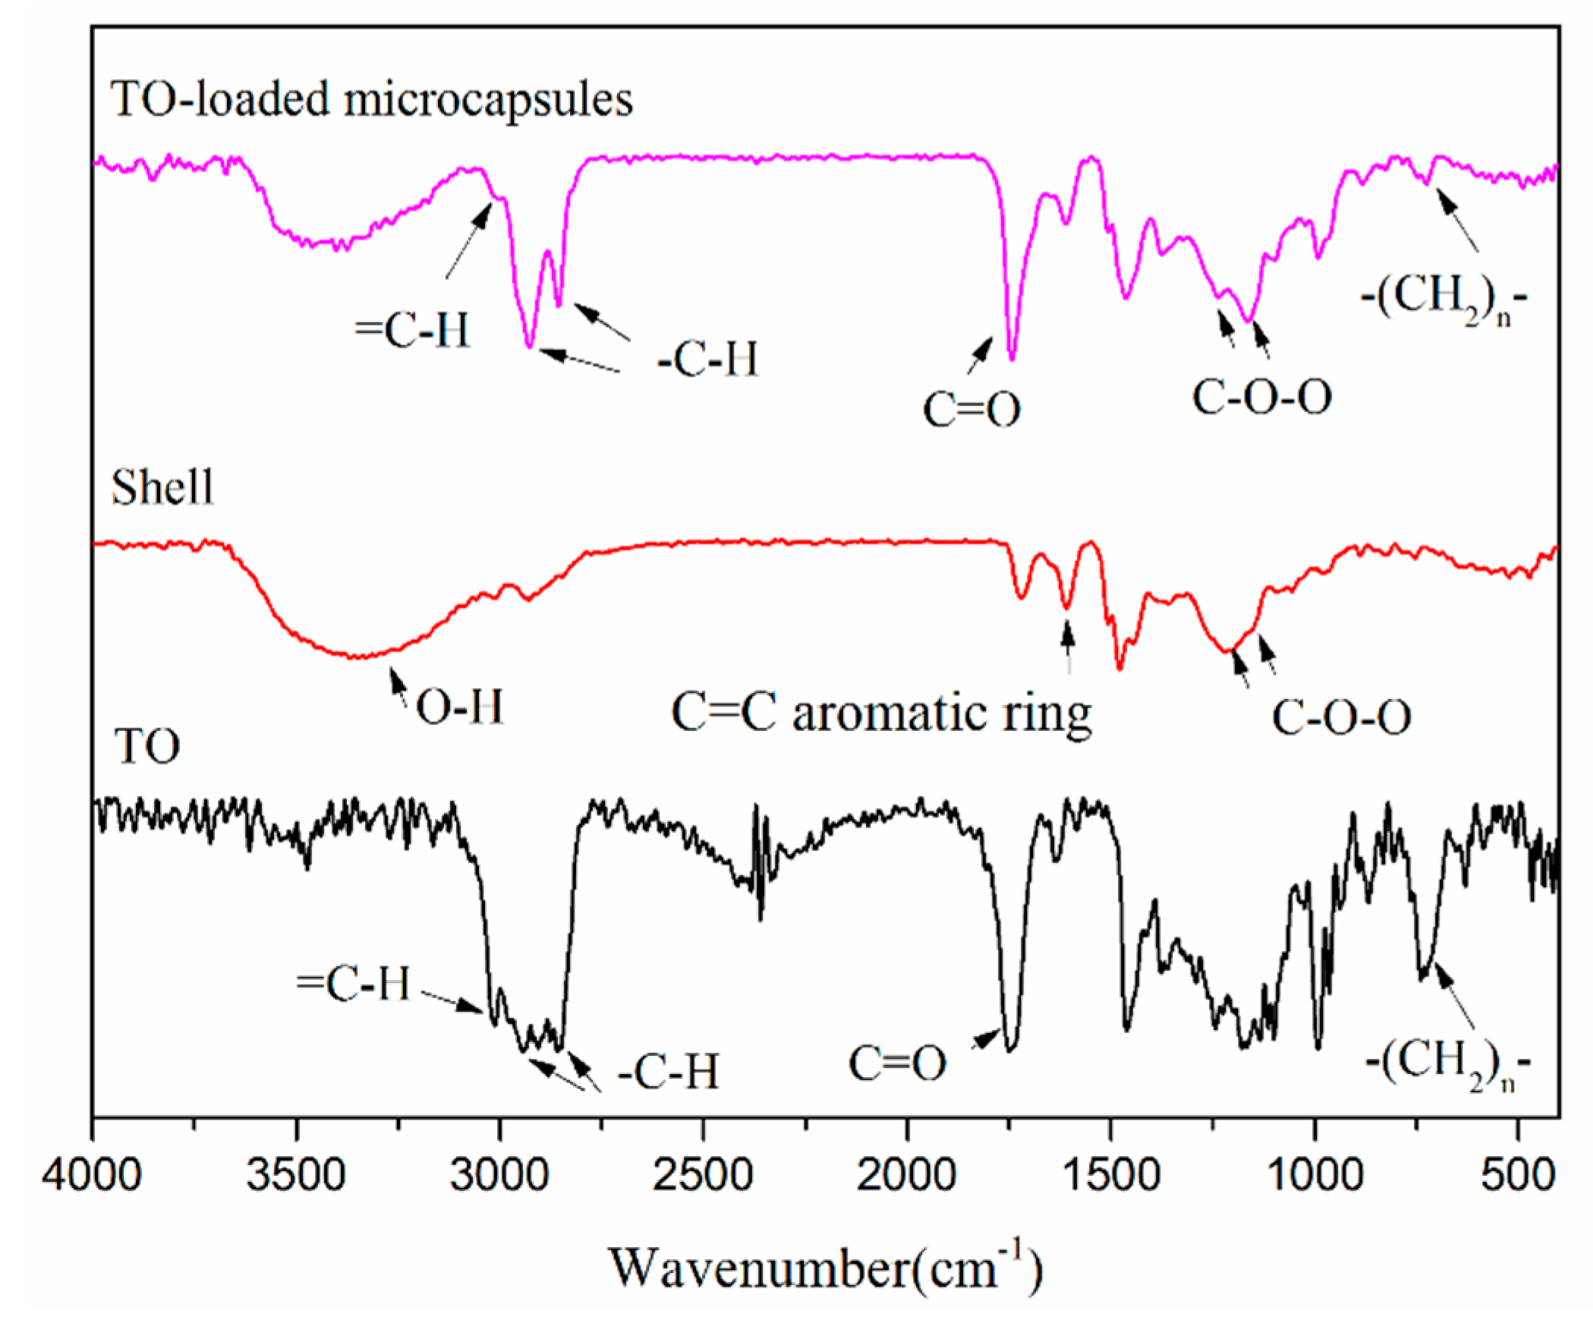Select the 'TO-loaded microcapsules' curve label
(372, 99)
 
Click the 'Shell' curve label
(162, 487)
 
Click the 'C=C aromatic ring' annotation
(881, 714)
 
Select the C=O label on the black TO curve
(898, 1063)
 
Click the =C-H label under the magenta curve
(413, 330)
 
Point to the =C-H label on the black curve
(354, 984)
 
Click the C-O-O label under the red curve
(1341, 717)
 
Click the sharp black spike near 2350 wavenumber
(760, 918)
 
